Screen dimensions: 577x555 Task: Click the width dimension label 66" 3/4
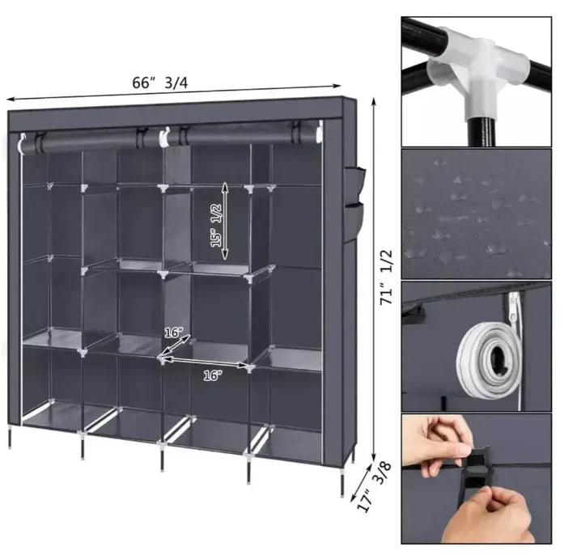(x=160, y=83)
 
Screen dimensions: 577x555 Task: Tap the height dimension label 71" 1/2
(x=387, y=277)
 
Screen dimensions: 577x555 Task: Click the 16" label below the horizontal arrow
(x=213, y=376)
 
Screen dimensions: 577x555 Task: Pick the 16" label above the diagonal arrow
(x=173, y=333)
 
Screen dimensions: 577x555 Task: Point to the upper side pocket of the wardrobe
(x=354, y=184)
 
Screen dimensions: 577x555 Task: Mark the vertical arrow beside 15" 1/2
(x=225, y=221)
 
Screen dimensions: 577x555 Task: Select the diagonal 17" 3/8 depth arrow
(x=360, y=481)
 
